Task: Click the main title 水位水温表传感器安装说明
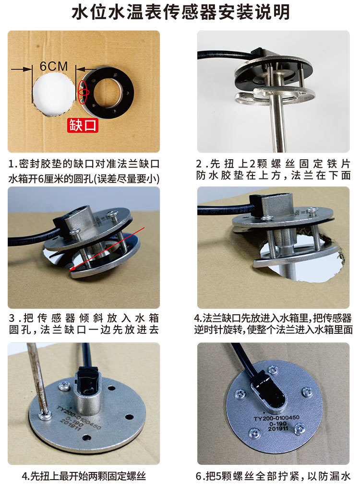tap(180, 12)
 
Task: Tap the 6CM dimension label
tap(54, 66)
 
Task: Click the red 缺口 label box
tap(83, 125)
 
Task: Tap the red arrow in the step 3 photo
tap(107, 248)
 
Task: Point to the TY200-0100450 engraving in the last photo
tap(276, 418)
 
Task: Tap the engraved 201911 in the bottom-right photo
tap(278, 428)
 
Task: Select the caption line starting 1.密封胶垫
tap(84, 164)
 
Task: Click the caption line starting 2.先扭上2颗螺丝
tap(273, 164)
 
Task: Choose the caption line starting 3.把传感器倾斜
tap(84, 318)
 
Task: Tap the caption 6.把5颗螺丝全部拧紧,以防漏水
tap(273, 476)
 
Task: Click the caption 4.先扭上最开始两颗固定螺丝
tap(84, 476)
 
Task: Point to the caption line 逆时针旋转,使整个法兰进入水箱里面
tap(273, 329)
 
